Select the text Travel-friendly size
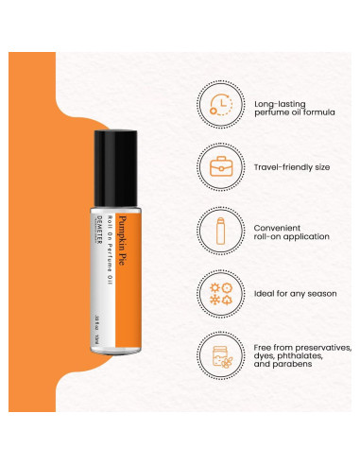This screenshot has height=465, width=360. point(292,167)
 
